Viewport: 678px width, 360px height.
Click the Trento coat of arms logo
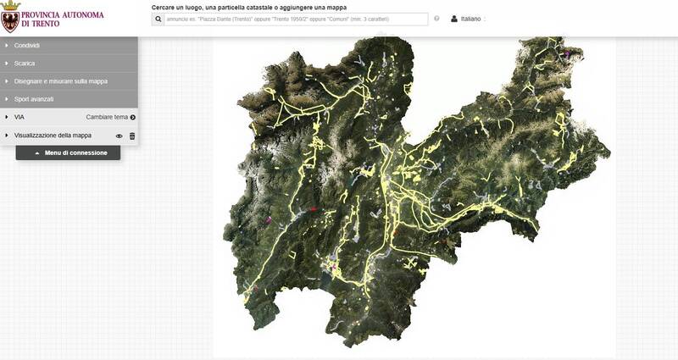click(x=10, y=17)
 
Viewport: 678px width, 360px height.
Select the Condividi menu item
click(x=27, y=45)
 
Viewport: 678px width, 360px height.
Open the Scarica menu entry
click(x=25, y=63)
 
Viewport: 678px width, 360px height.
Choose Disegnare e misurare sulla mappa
click(x=61, y=81)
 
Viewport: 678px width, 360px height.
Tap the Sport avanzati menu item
click(x=34, y=99)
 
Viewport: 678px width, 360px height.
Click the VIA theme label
click(x=19, y=117)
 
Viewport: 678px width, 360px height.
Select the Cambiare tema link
click(x=107, y=117)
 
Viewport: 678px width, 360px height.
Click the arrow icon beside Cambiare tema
click(x=133, y=117)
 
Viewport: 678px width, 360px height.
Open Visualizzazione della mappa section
click(x=53, y=136)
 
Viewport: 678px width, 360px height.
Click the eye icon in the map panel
click(x=119, y=136)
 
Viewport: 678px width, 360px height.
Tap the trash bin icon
click(x=132, y=136)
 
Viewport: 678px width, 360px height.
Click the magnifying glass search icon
click(x=158, y=19)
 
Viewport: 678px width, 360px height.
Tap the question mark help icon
click(x=437, y=19)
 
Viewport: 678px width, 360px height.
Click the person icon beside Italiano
click(x=454, y=19)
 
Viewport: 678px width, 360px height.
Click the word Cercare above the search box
click(x=166, y=7)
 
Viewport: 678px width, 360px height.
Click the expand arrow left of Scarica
click(x=6, y=63)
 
